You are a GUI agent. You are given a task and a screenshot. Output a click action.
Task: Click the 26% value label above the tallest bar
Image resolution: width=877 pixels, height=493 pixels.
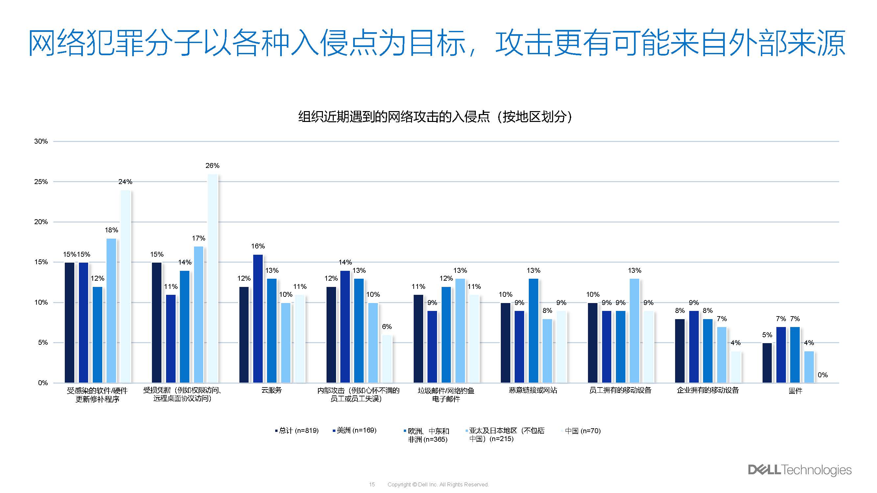coord(212,166)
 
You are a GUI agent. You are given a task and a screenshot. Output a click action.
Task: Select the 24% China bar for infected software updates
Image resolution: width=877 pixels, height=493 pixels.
coord(125,286)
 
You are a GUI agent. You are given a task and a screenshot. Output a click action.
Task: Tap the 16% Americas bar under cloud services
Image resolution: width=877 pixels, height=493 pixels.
coord(258,318)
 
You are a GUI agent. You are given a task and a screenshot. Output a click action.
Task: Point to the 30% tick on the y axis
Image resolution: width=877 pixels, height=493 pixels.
coord(41,141)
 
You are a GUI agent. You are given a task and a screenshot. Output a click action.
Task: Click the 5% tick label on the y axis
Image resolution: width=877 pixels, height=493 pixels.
coord(43,342)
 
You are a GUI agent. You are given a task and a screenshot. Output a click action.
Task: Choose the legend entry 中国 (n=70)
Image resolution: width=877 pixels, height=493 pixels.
coord(582,431)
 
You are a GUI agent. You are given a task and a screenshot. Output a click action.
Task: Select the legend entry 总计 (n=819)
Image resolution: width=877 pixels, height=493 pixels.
coord(298,431)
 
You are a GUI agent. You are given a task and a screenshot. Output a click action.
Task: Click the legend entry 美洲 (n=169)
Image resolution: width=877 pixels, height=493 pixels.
coord(356,431)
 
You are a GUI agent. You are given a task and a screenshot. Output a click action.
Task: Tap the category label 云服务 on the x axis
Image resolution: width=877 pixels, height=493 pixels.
coord(271,390)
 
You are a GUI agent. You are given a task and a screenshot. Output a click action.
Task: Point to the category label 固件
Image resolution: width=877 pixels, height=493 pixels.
coord(795,390)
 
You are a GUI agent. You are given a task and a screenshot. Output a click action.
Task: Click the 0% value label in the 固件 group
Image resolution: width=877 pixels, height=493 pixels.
coord(822,375)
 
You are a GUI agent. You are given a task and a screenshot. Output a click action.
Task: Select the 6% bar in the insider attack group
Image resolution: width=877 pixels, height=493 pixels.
coord(387,359)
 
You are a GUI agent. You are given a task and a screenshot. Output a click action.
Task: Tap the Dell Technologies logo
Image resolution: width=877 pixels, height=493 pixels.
coord(799,470)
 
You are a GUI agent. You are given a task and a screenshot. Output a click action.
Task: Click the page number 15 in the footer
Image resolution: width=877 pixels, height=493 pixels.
coord(372,484)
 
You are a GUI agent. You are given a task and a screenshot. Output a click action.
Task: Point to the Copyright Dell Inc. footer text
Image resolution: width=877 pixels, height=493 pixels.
coord(438,484)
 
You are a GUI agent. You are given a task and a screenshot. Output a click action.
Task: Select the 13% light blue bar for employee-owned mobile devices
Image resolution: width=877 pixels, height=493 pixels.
coord(634,330)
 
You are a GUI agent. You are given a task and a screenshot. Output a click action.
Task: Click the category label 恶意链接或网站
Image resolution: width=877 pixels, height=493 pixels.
coord(533,390)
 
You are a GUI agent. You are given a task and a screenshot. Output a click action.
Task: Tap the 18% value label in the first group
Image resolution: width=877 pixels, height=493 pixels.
coord(111,230)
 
